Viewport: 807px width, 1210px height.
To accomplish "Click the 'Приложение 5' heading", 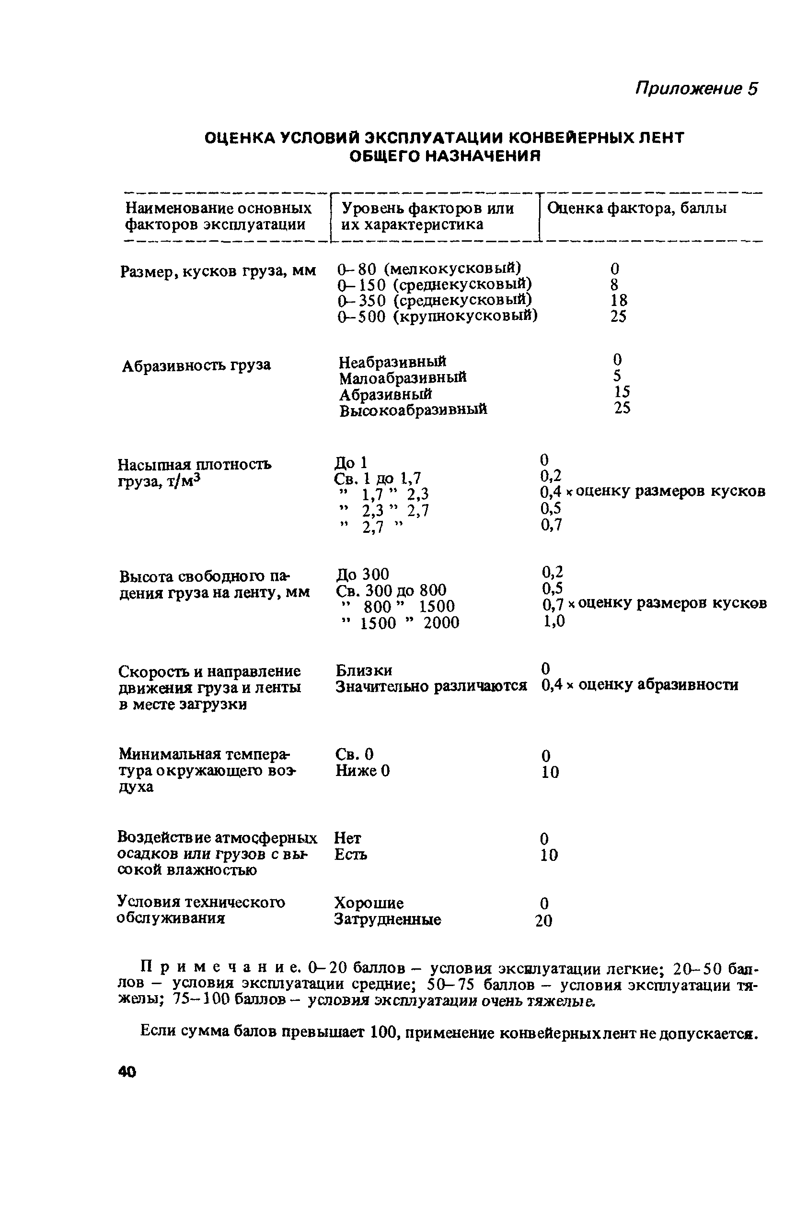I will pos(696,89).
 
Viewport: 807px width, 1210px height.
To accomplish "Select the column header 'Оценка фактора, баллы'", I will pos(637,208).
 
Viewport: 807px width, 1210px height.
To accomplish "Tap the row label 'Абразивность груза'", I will pos(196,365).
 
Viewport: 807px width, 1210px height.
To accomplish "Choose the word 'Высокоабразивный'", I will pos(413,410).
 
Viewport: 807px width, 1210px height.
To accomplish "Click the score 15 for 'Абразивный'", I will pos(622,392).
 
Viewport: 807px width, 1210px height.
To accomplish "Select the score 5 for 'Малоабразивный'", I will pos(617,376).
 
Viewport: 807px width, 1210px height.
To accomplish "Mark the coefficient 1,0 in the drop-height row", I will pos(554,621).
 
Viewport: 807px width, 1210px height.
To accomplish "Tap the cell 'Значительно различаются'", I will pos(431,686).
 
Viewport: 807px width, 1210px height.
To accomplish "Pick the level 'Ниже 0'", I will pos(362,771).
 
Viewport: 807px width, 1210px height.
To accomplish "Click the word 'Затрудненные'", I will pos(387,919).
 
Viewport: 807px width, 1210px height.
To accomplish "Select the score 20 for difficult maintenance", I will pos(543,920).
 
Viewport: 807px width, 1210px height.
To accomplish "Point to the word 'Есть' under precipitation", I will pos(350,855).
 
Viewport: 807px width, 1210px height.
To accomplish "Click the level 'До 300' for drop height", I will pos(362,574).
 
